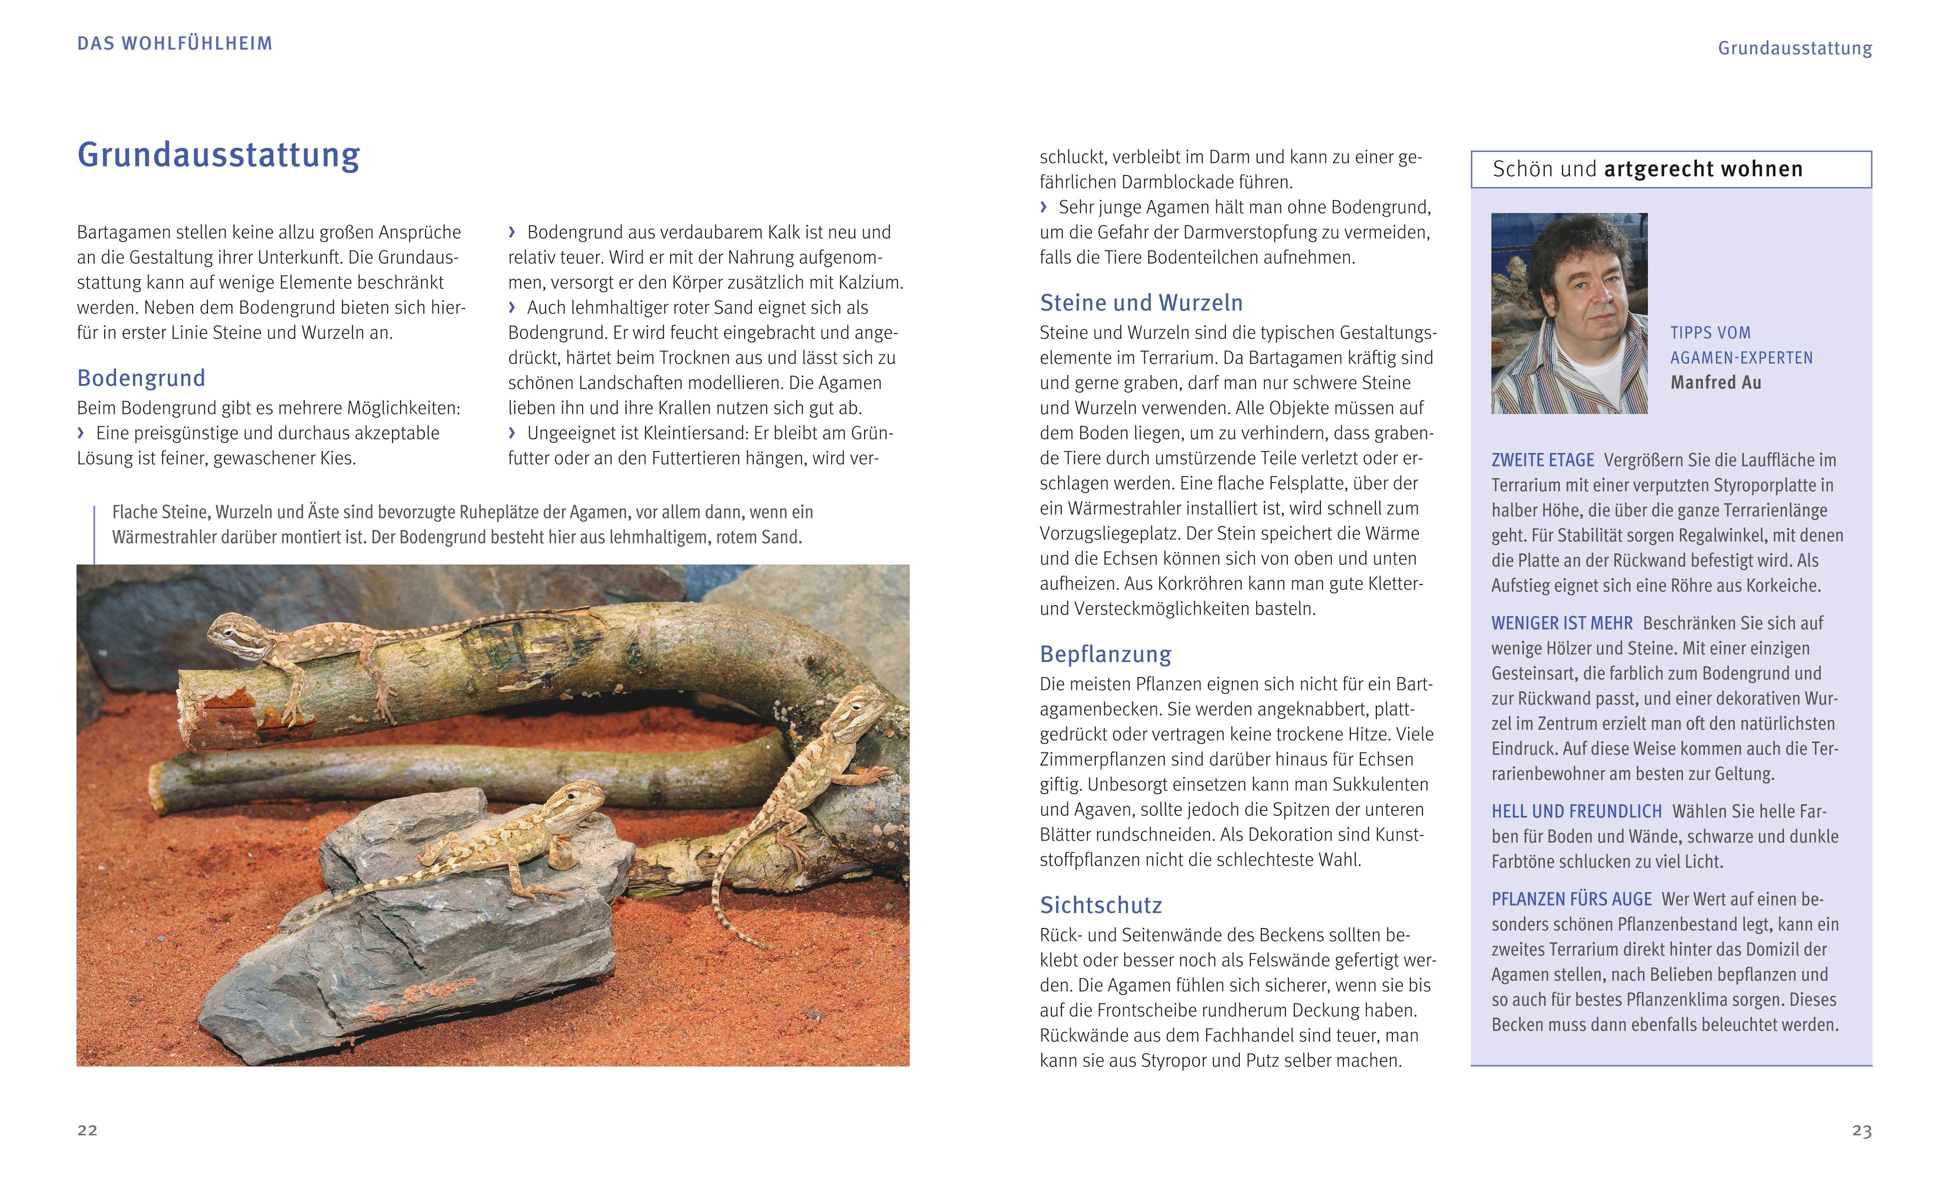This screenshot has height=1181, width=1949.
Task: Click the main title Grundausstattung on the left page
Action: point(219,155)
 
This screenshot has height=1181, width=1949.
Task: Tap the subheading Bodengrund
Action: point(141,378)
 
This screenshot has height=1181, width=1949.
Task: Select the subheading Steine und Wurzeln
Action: point(1141,303)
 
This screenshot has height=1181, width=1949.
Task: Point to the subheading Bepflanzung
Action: point(1105,654)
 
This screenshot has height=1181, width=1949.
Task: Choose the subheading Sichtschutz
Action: point(1100,905)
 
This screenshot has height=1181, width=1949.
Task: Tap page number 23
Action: point(1861,1131)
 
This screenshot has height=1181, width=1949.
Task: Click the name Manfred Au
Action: point(1715,383)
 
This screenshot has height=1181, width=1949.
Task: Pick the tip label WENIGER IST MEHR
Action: point(1561,623)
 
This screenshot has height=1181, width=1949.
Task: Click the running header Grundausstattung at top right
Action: point(1794,48)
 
